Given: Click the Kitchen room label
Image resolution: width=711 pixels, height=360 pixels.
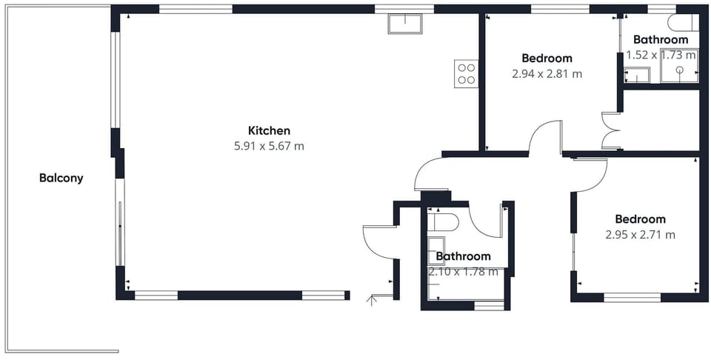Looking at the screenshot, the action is point(269,130).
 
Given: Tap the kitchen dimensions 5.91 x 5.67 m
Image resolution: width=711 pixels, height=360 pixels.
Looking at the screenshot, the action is point(269,147).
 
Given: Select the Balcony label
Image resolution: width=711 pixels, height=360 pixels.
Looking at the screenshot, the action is point(61,179).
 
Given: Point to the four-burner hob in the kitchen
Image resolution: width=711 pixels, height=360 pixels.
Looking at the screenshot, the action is point(466,74).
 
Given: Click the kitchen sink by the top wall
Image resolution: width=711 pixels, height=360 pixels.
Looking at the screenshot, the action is point(405,24).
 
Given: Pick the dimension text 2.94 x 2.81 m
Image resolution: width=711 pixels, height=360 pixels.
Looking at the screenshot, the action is point(547,74).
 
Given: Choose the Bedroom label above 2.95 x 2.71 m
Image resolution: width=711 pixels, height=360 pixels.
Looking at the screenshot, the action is point(640,219).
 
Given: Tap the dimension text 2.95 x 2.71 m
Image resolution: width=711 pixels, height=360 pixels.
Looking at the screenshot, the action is point(640,235).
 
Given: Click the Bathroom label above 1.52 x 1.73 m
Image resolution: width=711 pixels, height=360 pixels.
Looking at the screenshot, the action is point(661,39).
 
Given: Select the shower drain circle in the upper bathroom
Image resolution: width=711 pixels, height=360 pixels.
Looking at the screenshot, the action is point(680,70).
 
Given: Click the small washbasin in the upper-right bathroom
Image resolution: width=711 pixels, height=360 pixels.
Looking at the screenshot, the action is point(637,76).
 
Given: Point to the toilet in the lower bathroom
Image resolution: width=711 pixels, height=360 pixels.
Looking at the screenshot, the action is point(443,223).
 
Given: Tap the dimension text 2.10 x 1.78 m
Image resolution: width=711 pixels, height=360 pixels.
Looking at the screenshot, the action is point(464,272).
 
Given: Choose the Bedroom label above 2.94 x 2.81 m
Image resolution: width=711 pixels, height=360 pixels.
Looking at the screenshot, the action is point(547,58).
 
